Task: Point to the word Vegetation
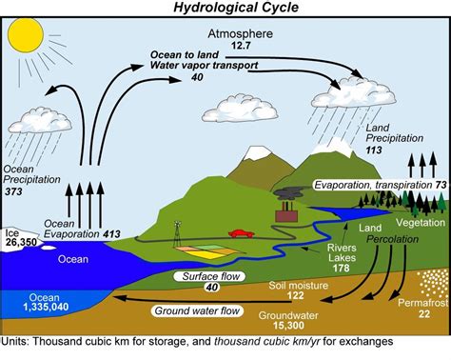(422, 221)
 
